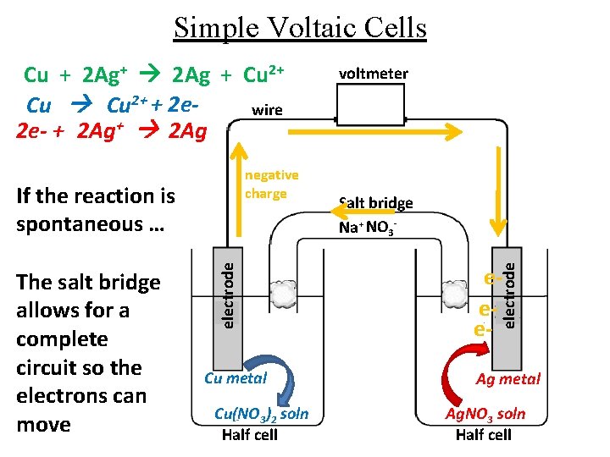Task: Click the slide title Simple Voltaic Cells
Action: coord(300,29)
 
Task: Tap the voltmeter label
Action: coord(373,74)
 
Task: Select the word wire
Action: coord(268,110)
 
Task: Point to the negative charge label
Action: coord(271,184)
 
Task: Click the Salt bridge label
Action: coord(375,203)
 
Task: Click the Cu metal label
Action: coord(236,378)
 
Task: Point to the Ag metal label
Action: coord(507,378)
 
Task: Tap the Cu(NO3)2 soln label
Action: coord(262,414)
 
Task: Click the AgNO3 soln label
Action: coord(485,414)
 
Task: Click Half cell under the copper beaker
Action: coord(249,435)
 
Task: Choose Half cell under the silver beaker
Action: coord(483,435)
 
